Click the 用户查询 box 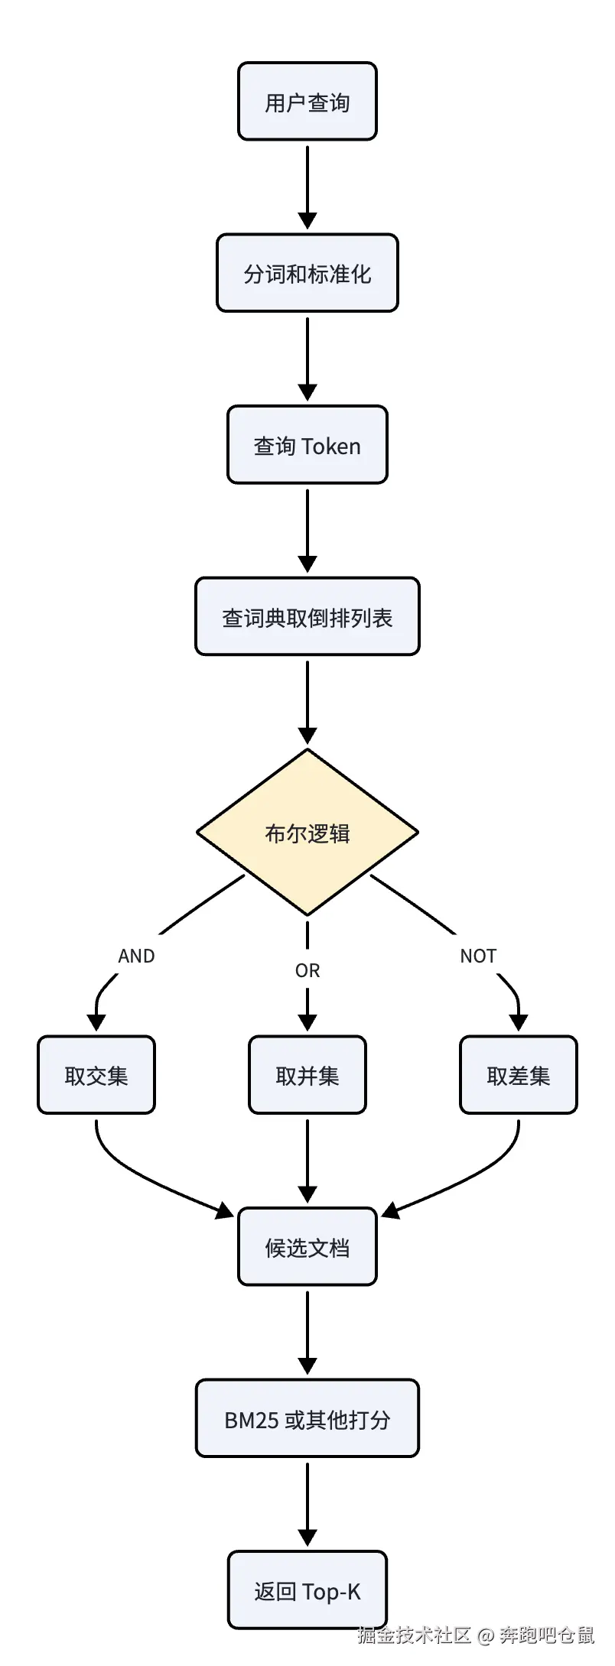pyautogui.click(x=307, y=102)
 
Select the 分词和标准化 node pyautogui.click(x=307, y=273)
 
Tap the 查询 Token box pyautogui.click(x=307, y=445)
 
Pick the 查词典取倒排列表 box pyautogui.click(x=307, y=617)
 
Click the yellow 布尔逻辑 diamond pyautogui.click(x=307, y=832)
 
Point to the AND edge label pyautogui.click(x=136, y=956)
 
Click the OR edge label pyautogui.click(x=307, y=970)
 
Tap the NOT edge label pyautogui.click(x=478, y=956)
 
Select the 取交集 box pyautogui.click(x=96, y=1075)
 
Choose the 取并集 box pyautogui.click(x=307, y=1075)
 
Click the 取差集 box pyautogui.click(x=519, y=1075)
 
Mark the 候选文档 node pyautogui.click(x=307, y=1247)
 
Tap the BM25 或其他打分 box pyautogui.click(x=307, y=1419)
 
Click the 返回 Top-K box pyautogui.click(x=307, y=1590)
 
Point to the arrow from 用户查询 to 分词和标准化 pyautogui.click(x=307, y=187)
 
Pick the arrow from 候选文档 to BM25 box pyautogui.click(x=307, y=1333)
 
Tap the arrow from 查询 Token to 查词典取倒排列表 pyautogui.click(x=307, y=531)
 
